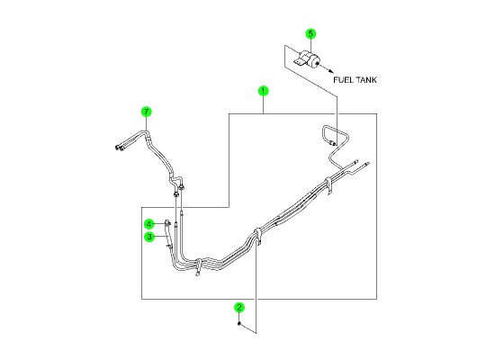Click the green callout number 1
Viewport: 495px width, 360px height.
tap(264, 91)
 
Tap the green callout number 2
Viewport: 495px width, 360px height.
tap(239, 307)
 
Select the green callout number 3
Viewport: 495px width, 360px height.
tap(149, 237)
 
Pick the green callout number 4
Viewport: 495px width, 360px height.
tap(149, 224)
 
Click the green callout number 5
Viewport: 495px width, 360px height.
tap(310, 34)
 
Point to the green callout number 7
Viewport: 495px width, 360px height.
tap(146, 112)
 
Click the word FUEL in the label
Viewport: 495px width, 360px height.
tap(342, 80)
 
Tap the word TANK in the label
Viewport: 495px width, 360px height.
tap(365, 80)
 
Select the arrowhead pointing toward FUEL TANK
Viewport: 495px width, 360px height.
tap(331, 71)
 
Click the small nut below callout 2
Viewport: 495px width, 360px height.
tap(239, 323)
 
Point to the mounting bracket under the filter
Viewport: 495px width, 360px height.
tap(300, 62)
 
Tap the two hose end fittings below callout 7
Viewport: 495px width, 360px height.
tap(120, 148)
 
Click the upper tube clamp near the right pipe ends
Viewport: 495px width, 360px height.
tap(328, 185)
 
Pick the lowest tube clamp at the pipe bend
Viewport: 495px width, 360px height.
tap(199, 267)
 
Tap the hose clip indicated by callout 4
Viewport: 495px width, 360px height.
tap(167, 223)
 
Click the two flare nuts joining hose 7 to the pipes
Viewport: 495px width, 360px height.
tap(179, 192)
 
